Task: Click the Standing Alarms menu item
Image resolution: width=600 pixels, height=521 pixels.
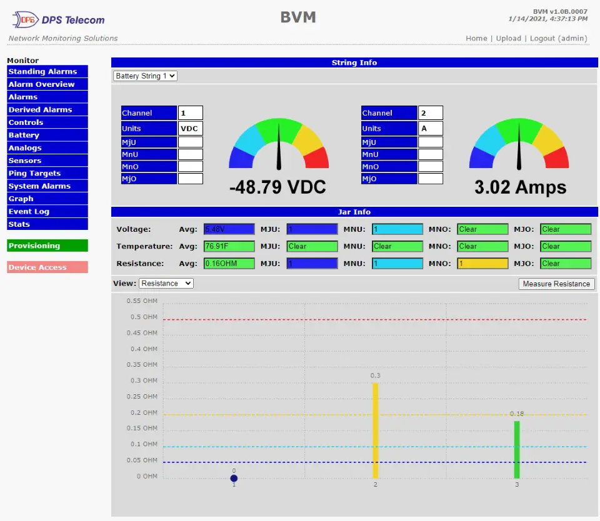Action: coord(47,71)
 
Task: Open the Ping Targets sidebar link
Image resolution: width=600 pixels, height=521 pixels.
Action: coord(47,173)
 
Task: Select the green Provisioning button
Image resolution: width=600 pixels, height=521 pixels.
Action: coord(47,246)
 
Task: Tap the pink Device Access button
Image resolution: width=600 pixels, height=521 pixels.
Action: coord(47,267)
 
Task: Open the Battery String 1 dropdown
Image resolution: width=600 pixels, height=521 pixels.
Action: coord(145,76)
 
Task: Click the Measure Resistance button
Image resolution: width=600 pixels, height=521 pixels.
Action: coord(556,284)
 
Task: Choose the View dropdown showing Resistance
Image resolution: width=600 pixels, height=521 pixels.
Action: coord(166,284)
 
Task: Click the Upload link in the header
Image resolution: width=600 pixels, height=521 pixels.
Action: coord(508,38)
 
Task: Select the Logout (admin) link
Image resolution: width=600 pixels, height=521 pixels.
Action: coord(558,38)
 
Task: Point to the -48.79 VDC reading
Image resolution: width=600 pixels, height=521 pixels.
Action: coord(277,187)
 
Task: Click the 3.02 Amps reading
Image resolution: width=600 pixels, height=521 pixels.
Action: coord(520,187)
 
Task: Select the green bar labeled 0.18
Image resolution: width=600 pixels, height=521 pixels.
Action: coord(517,449)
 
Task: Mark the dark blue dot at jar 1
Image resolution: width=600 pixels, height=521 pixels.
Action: coord(234,479)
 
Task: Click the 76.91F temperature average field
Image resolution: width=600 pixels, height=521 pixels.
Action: coord(229,246)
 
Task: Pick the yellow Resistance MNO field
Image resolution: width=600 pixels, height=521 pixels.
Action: coord(482,263)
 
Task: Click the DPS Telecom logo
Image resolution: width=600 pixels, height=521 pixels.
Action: coord(57,20)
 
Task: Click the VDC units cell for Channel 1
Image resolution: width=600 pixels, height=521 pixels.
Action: coord(190,128)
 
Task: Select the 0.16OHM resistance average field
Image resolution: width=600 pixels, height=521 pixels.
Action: coord(229,263)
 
